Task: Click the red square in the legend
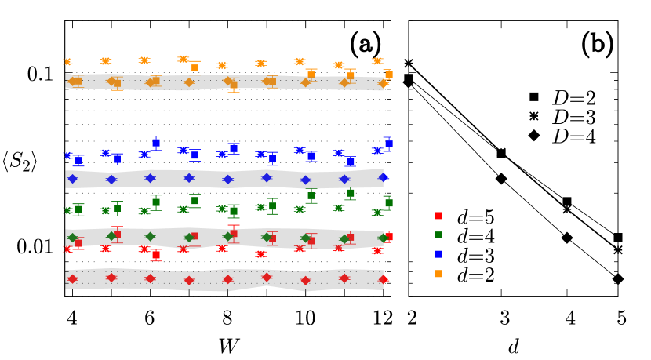(438, 216)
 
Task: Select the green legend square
(438, 235)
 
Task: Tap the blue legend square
(438, 254)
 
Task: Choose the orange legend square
(438, 274)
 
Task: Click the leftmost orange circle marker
(67, 62)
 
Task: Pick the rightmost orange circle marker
(377, 61)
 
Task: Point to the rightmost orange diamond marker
(384, 84)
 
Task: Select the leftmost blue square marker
(78, 160)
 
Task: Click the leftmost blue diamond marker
(72, 179)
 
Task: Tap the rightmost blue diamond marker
(384, 177)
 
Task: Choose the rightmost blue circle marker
(377, 151)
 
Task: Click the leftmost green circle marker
(67, 210)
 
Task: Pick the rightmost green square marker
(388, 202)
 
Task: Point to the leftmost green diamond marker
(72, 238)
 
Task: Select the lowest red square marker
(156, 254)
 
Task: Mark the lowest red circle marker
(261, 254)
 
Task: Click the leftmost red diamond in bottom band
(72, 278)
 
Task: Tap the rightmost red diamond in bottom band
(384, 279)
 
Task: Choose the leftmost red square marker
(78, 243)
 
